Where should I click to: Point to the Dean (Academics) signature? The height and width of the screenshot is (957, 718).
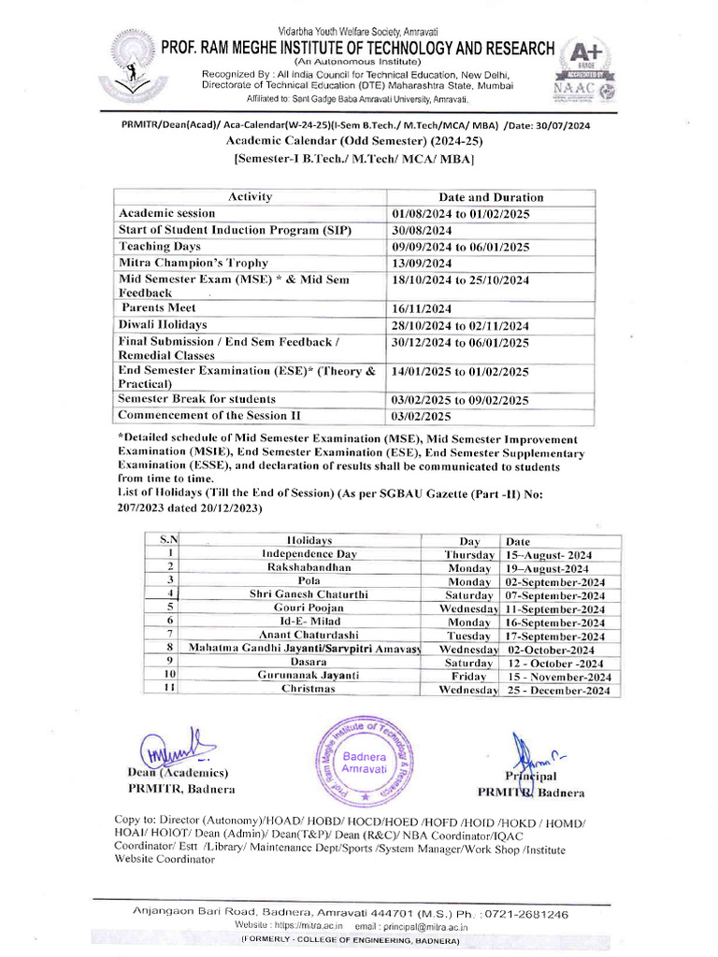pos(177,748)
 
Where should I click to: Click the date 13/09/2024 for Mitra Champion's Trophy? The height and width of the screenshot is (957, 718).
pos(422,264)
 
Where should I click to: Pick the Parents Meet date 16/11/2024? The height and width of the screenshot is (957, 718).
pos(422,309)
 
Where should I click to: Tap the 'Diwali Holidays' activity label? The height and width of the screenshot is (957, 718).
pos(163,324)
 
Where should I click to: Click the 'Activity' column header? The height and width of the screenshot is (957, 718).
pos(250,196)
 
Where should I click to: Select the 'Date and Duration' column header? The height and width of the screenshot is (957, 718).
pos(491,197)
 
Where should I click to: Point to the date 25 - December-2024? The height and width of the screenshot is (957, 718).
pos(558,691)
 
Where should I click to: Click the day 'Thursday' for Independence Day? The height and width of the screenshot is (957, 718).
pos(469,555)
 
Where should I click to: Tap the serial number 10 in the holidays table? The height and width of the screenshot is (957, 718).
pos(170,676)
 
